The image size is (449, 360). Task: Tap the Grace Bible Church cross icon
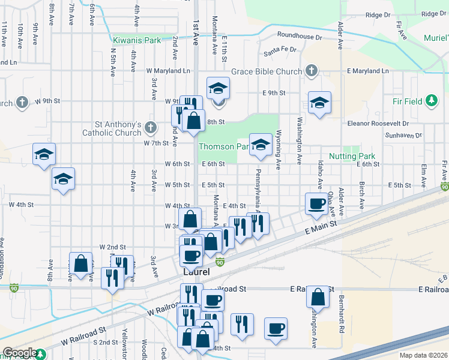point(310,71)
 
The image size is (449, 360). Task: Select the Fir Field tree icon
point(430,101)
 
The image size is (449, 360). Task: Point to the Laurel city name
point(196,272)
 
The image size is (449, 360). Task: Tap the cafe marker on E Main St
point(317,203)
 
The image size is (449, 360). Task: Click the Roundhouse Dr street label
point(299,37)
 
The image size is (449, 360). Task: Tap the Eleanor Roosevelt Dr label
point(378,123)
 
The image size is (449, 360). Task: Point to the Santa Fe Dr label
point(280,50)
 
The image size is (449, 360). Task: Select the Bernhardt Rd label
point(340,314)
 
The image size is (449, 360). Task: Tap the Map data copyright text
point(423,355)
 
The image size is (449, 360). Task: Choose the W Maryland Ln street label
point(168,71)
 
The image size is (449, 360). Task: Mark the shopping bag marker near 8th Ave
point(80,262)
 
